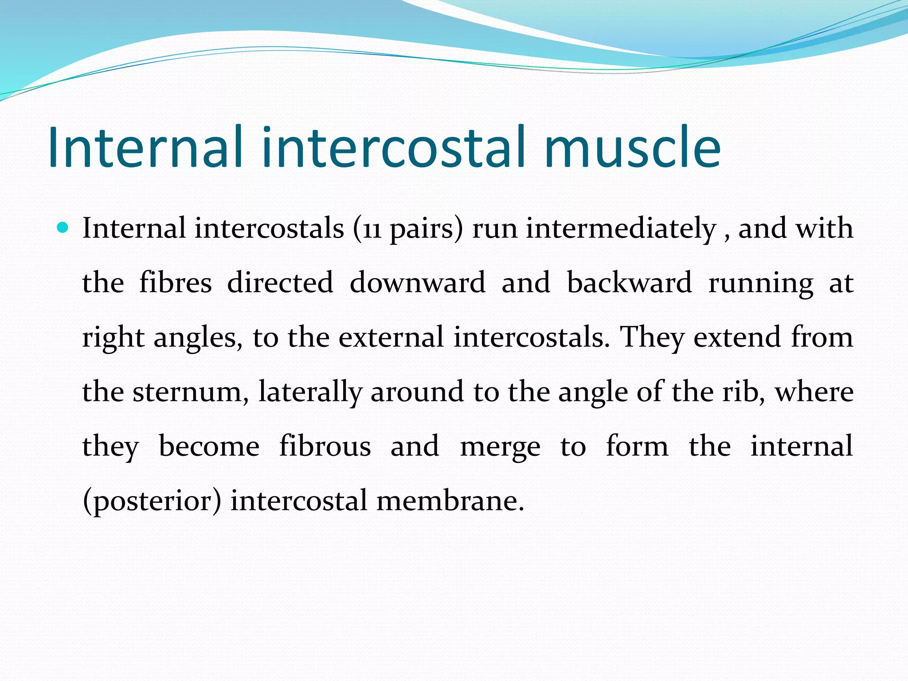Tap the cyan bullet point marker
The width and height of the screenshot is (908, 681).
[63, 228]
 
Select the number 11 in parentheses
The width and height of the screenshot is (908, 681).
[372, 229]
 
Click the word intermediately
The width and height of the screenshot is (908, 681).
[621, 229]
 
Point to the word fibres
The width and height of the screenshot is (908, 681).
[176, 283]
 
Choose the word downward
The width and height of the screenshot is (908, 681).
[417, 283]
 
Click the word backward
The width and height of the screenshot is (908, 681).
[629, 283]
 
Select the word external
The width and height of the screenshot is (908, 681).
[391, 337]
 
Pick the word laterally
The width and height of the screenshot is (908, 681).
[310, 392]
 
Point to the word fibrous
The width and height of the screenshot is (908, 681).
[325, 446]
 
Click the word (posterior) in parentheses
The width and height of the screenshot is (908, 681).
[152, 501]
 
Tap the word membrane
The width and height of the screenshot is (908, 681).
[450, 501]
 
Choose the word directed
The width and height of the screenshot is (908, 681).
[280, 283]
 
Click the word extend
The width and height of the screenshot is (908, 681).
[736, 337]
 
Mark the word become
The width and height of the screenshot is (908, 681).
[209, 446]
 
